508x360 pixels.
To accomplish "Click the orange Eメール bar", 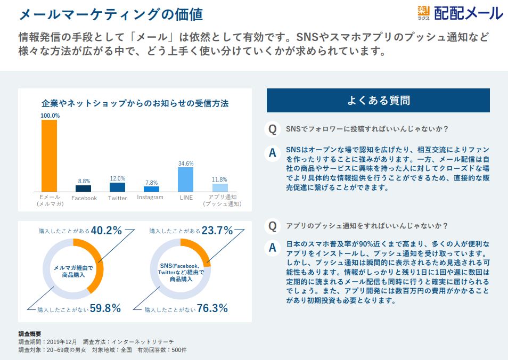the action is [x=49, y=156].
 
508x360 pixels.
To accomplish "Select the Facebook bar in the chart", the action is [x=83, y=189].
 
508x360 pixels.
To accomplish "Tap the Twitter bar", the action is [x=117, y=187].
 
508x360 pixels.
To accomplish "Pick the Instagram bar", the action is [x=151, y=189].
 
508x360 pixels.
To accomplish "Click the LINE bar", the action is [x=186, y=179].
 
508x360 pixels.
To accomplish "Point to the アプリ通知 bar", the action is [x=220, y=188].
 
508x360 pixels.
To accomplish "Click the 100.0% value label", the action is [x=50, y=116].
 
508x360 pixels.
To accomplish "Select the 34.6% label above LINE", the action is [x=186, y=163].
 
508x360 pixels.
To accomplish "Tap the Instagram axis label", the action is [x=150, y=198].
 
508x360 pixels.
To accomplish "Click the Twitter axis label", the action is [x=117, y=198].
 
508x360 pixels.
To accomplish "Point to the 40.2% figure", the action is [x=106, y=231].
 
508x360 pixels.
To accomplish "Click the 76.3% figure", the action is [x=212, y=308].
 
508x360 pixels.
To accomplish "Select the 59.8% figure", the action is [x=105, y=308].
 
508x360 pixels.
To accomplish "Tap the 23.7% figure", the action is [x=217, y=231].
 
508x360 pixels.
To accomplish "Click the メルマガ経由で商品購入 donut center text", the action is [x=73, y=271].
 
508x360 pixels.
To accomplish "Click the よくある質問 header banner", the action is [x=378, y=101].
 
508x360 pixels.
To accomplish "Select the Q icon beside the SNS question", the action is [x=273, y=129].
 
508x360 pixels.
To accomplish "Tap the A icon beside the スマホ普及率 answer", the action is [x=273, y=248].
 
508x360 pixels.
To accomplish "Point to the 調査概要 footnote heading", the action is [x=30, y=334].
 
